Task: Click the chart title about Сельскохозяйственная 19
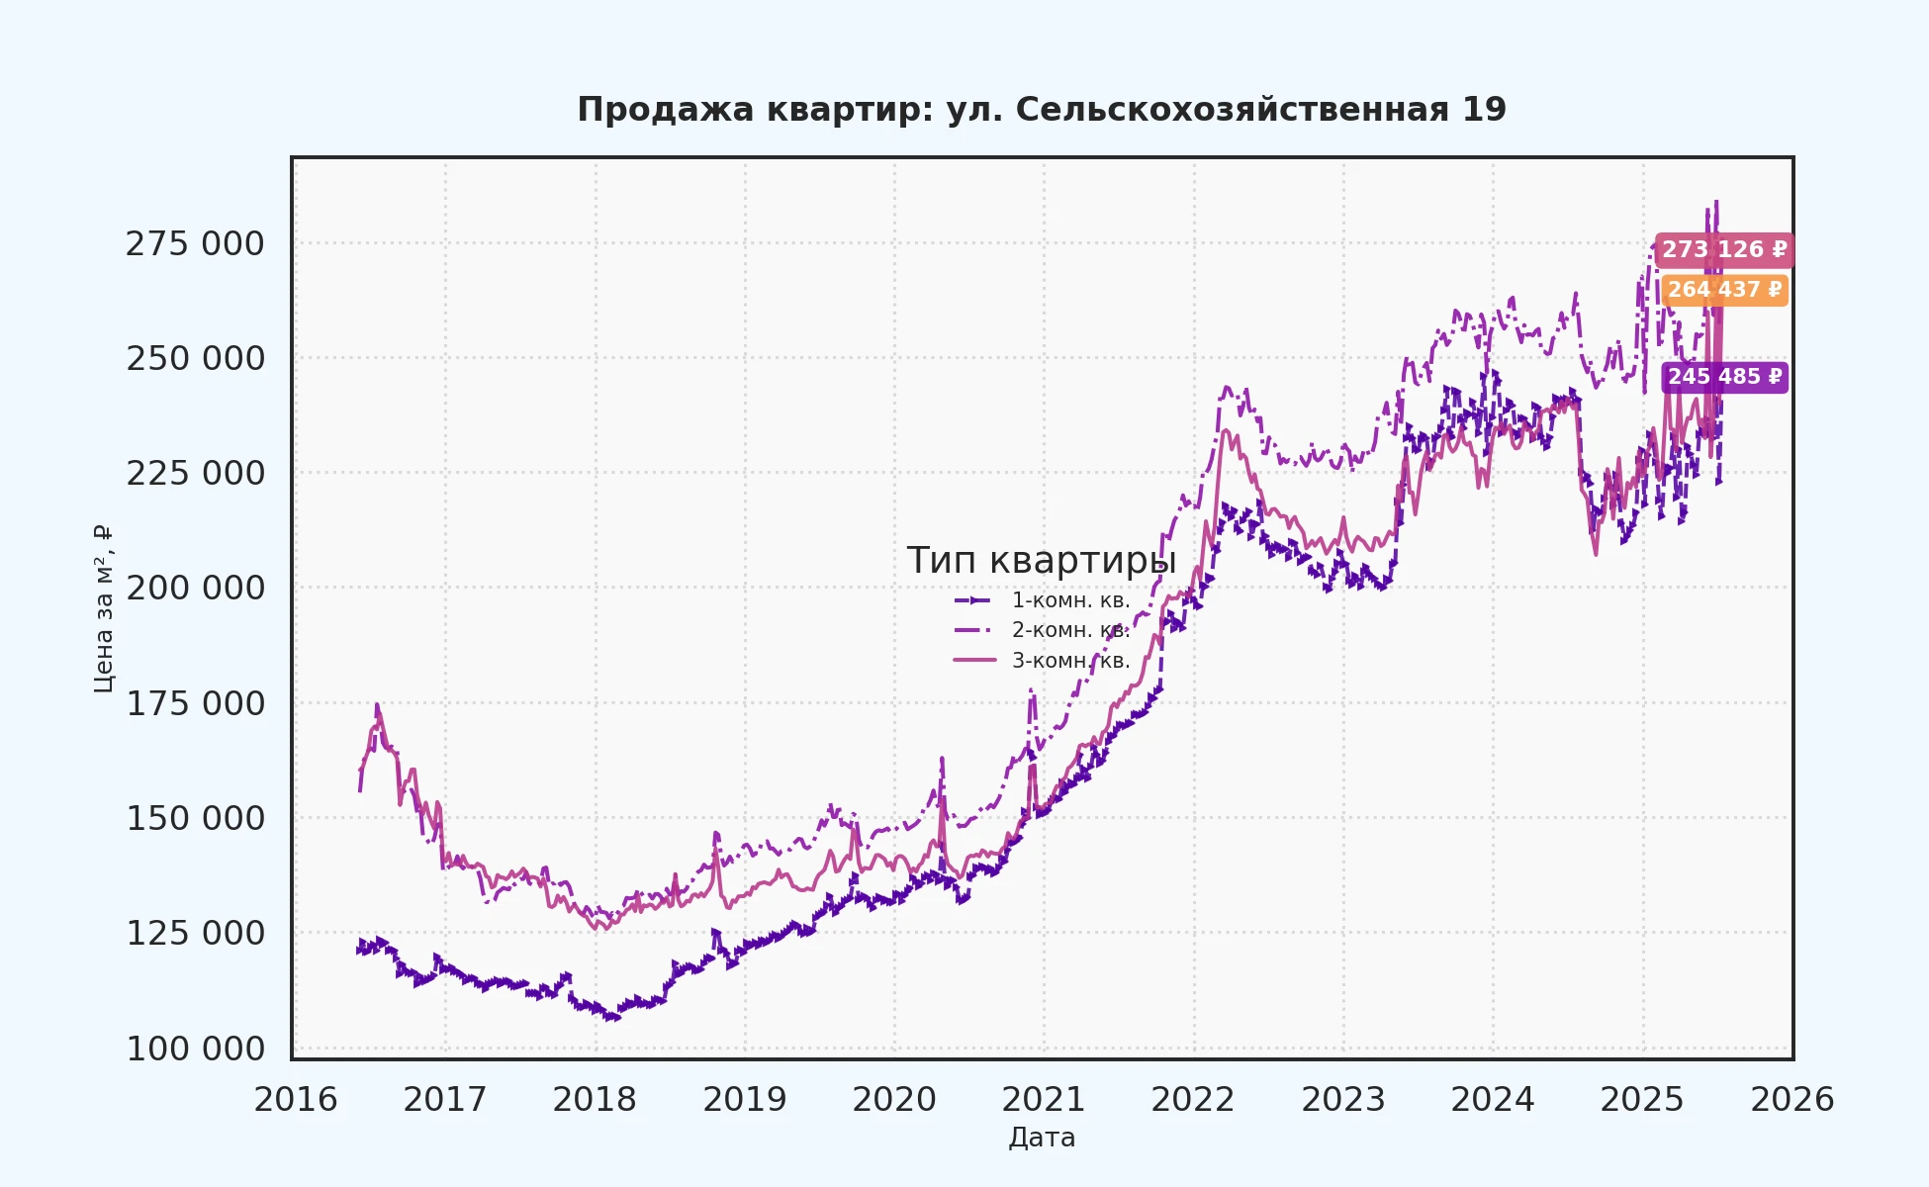click(x=1042, y=110)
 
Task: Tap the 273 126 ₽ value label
click(x=1723, y=250)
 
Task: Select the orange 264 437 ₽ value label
click(x=1724, y=290)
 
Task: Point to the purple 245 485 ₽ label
click(x=1724, y=377)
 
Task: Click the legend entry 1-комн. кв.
click(x=1070, y=600)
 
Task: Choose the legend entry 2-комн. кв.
click(x=1070, y=630)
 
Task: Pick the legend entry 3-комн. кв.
click(x=1070, y=661)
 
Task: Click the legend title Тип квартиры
click(x=1042, y=561)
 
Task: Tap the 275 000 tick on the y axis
click(x=195, y=243)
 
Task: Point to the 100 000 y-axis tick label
click(x=195, y=1049)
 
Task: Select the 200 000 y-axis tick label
click(x=195, y=589)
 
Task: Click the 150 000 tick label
click(x=195, y=819)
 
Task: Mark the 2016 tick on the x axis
click(x=295, y=1100)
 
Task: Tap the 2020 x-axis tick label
click(x=894, y=1100)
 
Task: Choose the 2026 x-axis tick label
click(x=1791, y=1100)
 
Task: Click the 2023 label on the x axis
click(x=1343, y=1100)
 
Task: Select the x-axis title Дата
click(x=1042, y=1138)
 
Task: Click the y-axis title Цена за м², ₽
click(x=103, y=608)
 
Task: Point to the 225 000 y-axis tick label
click(x=195, y=474)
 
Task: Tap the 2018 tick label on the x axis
click(x=595, y=1100)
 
